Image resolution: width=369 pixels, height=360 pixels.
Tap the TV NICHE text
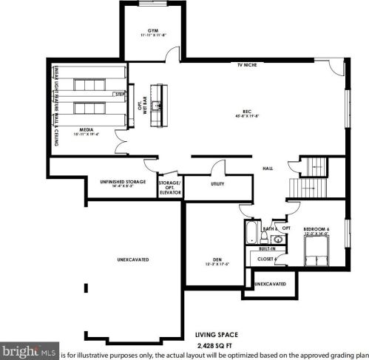247,65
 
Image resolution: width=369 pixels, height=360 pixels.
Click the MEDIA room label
87,129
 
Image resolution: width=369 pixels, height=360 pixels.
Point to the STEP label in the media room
119,95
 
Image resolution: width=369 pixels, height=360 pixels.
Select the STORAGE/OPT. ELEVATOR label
170,186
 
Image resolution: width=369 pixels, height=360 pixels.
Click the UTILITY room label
217,183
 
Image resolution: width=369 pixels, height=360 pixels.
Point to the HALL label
268,169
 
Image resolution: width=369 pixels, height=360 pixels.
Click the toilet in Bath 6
281,238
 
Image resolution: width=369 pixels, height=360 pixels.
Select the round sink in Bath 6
268,239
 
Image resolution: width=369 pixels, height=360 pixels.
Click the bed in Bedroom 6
316,252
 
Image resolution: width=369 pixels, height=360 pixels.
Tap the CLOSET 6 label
267,259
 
